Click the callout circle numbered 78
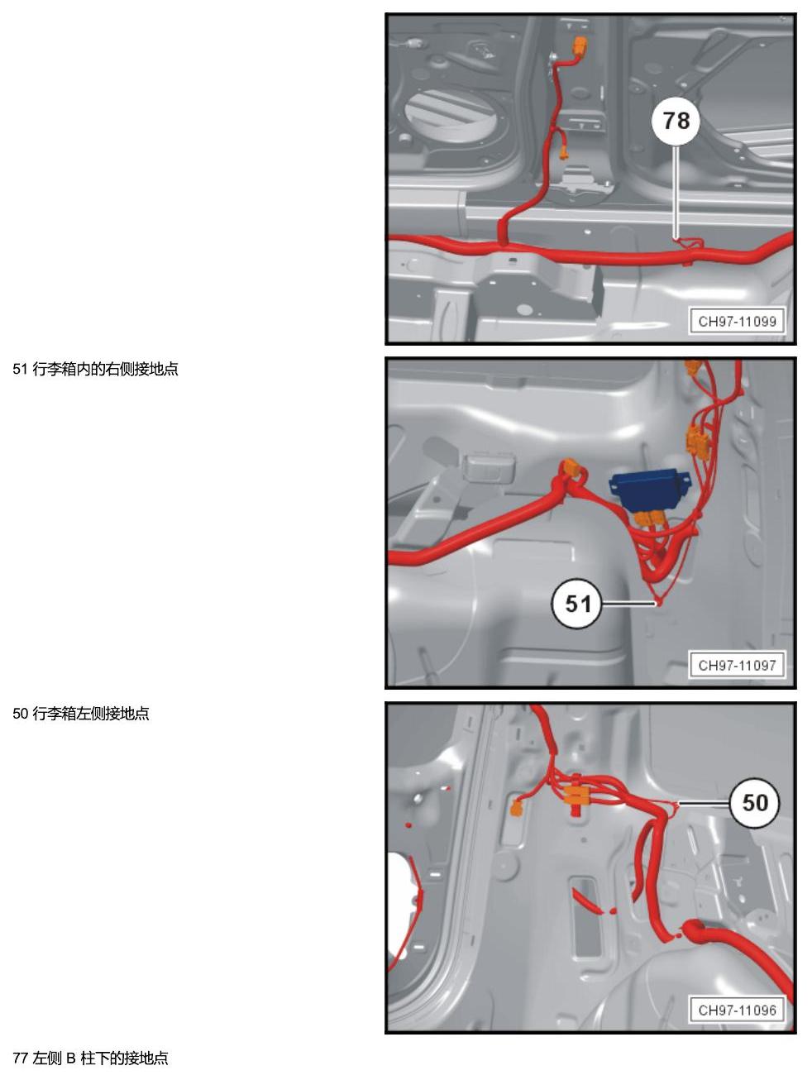[676, 121]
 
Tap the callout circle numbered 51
[577, 603]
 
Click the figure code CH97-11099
[737, 322]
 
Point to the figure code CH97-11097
[737, 665]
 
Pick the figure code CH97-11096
[737, 1011]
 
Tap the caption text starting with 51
[95, 369]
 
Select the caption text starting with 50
[81, 714]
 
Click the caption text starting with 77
[90, 1058]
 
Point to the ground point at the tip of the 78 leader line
[678, 240]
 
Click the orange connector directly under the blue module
[650, 518]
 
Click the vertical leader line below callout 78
[676, 192]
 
